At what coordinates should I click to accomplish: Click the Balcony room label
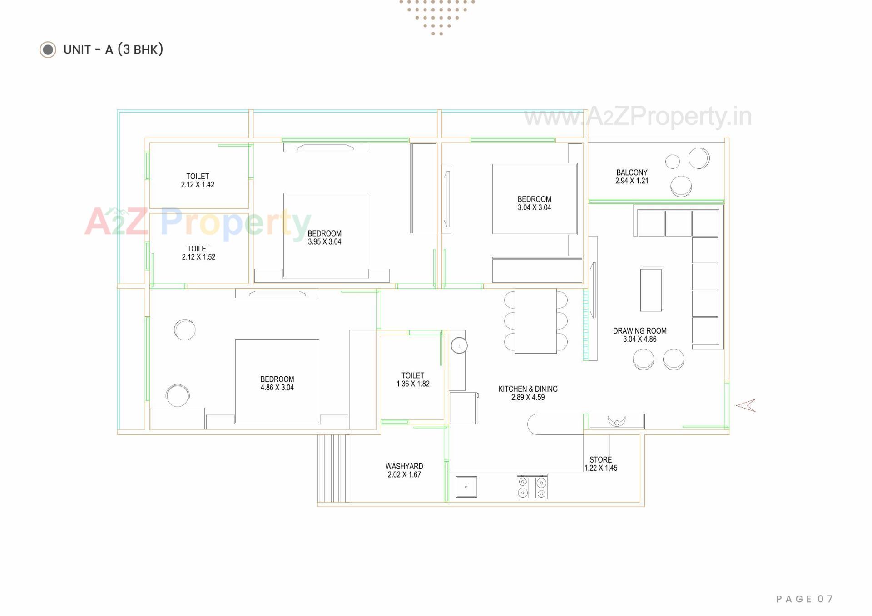(632, 172)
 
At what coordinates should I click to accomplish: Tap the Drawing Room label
(639, 331)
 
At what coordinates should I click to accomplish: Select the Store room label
(600, 460)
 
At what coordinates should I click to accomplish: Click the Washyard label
(404, 466)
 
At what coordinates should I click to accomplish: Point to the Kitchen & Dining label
(528, 389)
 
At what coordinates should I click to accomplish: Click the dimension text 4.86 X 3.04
(277, 388)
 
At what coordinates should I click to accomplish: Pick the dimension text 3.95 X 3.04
(324, 242)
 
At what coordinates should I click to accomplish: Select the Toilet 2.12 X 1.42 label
(198, 180)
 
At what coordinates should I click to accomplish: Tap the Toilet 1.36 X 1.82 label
(413, 379)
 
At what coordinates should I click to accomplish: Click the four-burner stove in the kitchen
(532, 487)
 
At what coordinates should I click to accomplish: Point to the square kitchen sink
(466, 487)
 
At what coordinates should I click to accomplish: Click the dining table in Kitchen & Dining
(535, 321)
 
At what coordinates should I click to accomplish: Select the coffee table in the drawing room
(651, 289)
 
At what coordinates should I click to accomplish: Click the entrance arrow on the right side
(746, 405)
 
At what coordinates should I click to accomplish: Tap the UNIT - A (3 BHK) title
(113, 49)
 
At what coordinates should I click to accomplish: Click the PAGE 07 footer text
(804, 599)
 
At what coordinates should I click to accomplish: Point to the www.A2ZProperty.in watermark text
(638, 117)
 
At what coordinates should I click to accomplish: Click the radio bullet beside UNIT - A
(48, 49)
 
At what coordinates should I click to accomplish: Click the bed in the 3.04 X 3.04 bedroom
(535, 200)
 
